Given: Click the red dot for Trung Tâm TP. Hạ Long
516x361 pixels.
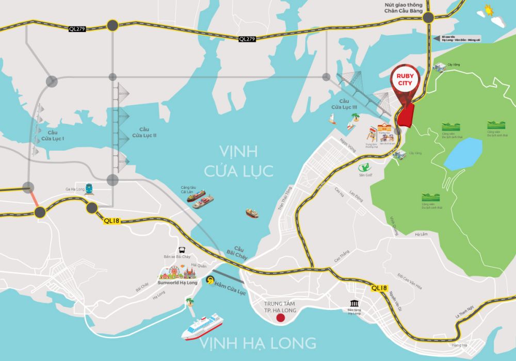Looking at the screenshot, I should [280, 318].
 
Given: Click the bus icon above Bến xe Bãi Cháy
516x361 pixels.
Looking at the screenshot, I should [182, 250].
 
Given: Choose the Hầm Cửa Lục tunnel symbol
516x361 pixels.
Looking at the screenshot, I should [210, 280].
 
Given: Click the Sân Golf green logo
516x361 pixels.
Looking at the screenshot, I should [365, 167].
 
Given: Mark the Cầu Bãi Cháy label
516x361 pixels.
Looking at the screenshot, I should [238, 252].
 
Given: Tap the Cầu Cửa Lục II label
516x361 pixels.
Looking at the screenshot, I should [143, 132].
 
